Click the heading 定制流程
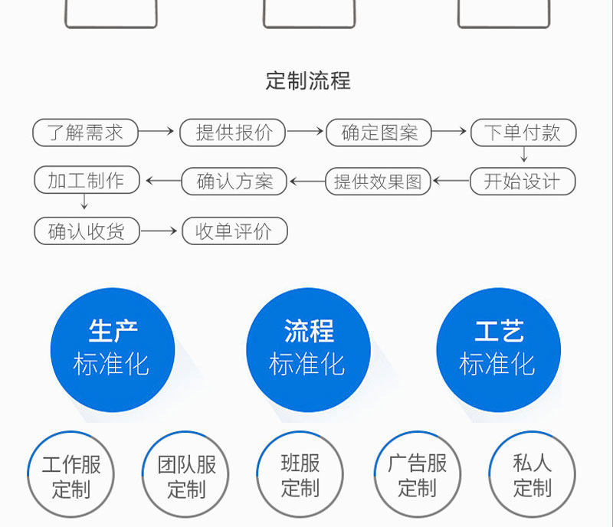(308, 80)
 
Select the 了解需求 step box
(85, 133)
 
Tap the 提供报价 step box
(232, 133)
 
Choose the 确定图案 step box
(379, 133)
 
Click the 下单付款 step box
(523, 133)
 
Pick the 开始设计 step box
(523, 182)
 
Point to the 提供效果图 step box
(379, 182)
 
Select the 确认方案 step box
(234, 182)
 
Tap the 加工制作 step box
(88, 181)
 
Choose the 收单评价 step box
(234, 231)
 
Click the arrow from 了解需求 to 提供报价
(157, 132)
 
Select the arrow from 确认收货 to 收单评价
(159, 231)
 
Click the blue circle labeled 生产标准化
(112, 349)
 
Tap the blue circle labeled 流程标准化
(308, 349)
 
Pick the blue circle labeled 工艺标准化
(498, 349)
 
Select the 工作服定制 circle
(70, 476)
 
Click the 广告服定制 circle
(418, 476)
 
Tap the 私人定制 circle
(533, 476)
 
